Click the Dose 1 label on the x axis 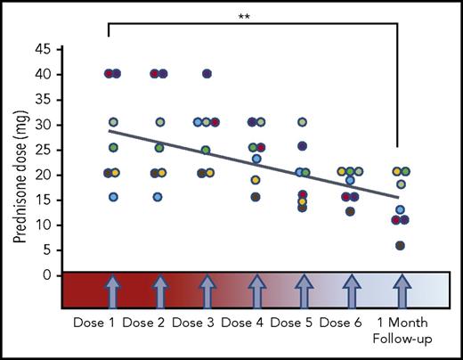(94, 320)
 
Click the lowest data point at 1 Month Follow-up (401, 245)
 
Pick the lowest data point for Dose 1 (113, 197)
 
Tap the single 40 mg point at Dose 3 (207, 73)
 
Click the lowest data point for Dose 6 (350, 211)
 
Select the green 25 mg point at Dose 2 (159, 148)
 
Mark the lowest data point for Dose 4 (256, 197)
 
